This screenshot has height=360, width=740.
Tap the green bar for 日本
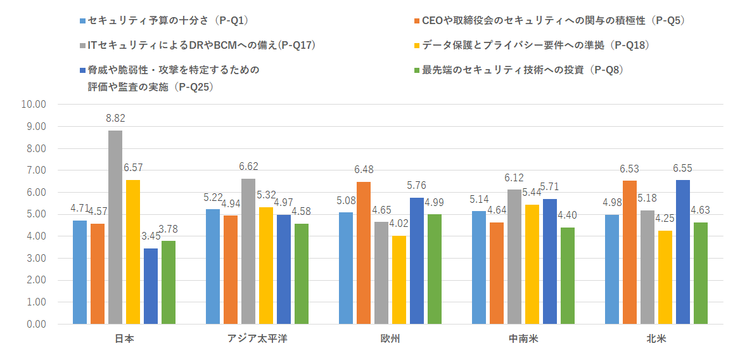coord(169,282)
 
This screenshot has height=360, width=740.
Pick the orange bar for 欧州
coord(364,253)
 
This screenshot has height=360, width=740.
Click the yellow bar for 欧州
coord(399,280)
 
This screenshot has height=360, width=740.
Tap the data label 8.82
coord(115,119)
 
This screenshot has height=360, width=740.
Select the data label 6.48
coord(364,170)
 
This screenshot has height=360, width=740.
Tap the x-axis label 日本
coord(124,338)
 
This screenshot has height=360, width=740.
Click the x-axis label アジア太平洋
coord(257,338)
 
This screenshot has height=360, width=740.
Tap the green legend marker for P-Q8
coord(416,70)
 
